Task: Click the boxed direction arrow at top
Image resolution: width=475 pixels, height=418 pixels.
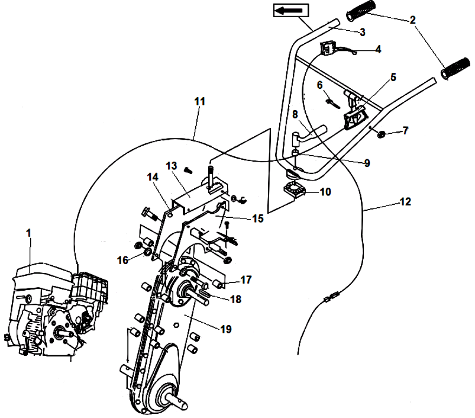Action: coord(290,9)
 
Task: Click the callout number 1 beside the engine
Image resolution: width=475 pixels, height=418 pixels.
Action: coord(28,233)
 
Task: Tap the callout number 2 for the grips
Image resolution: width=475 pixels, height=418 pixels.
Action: coord(412,20)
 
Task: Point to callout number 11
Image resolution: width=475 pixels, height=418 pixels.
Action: coord(199,101)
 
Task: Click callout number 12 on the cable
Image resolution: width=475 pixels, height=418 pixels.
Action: coord(405,202)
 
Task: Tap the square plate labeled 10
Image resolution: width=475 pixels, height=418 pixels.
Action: coord(291,190)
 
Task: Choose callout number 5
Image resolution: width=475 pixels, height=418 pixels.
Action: coord(393,77)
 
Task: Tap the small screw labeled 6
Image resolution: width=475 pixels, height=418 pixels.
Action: coord(331,102)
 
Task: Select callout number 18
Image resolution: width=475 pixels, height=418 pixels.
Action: coord(235,300)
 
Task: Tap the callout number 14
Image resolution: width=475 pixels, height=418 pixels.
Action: coord(152,176)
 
